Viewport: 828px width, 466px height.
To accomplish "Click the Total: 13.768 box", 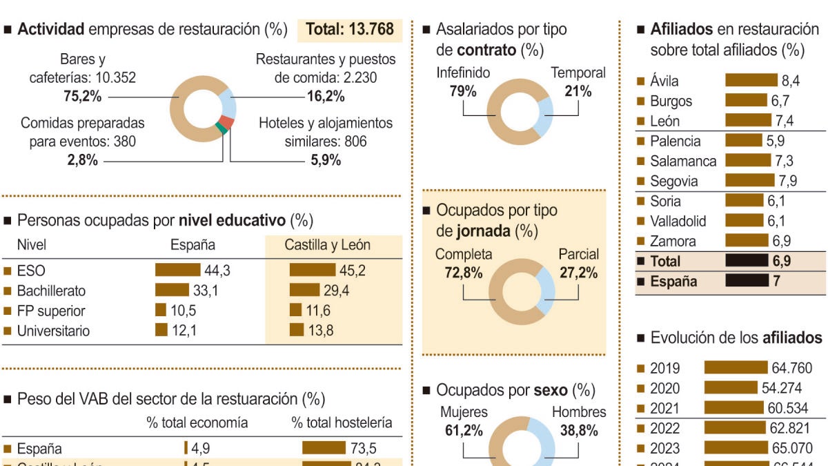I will [x=350, y=29].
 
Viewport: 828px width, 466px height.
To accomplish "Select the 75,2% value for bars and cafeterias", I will [x=83, y=97].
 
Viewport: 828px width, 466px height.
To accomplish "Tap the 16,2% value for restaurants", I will [x=326, y=97].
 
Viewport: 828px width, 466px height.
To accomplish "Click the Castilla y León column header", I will [x=328, y=245].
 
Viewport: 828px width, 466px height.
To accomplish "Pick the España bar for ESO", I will [x=177, y=271].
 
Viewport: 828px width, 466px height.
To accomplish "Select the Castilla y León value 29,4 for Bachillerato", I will [x=336, y=291].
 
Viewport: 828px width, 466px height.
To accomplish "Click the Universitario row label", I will [x=53, y=331].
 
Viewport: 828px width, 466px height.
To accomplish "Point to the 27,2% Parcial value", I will [x=578, y=273].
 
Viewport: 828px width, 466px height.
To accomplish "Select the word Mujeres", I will [x=464, y=412].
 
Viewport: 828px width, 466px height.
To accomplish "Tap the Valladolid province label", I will [x=678, y=222].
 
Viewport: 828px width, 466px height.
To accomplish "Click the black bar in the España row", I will [x=747, y=281].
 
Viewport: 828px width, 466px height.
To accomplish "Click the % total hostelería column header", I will [x=342, y=423].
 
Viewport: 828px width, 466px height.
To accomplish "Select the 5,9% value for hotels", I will [x=326, y=161].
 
